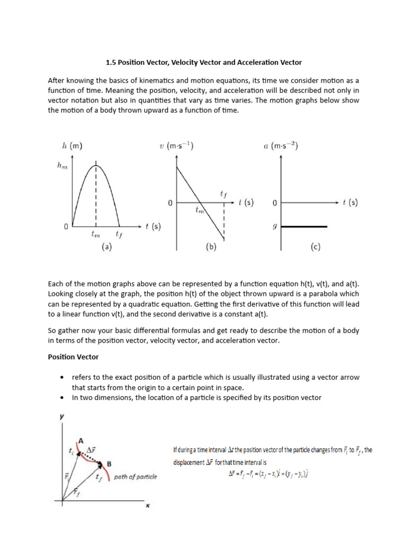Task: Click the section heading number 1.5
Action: pyautogui.click(x=111, y=62)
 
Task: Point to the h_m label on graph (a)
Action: pyautogui.click(x=63, y=166)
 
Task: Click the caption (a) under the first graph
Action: pyautogui.click(x=107, y=246)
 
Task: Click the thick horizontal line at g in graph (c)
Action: pyautogui.click(x=304, y=227)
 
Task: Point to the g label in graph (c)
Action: pyautogui.click(x=275, y=226)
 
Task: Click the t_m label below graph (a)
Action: pyautogui.click(x=96, y=234)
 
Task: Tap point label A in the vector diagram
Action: pyautogui.click(x=82, y=440)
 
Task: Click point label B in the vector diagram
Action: pyautogui.click(x=109, y=463)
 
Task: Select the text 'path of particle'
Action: pyautogui.click(x=135, y=477)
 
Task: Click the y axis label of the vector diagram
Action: pyautogui.click(x=62, y=417)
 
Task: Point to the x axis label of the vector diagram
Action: pyautogui.click(x=147, y=506)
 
